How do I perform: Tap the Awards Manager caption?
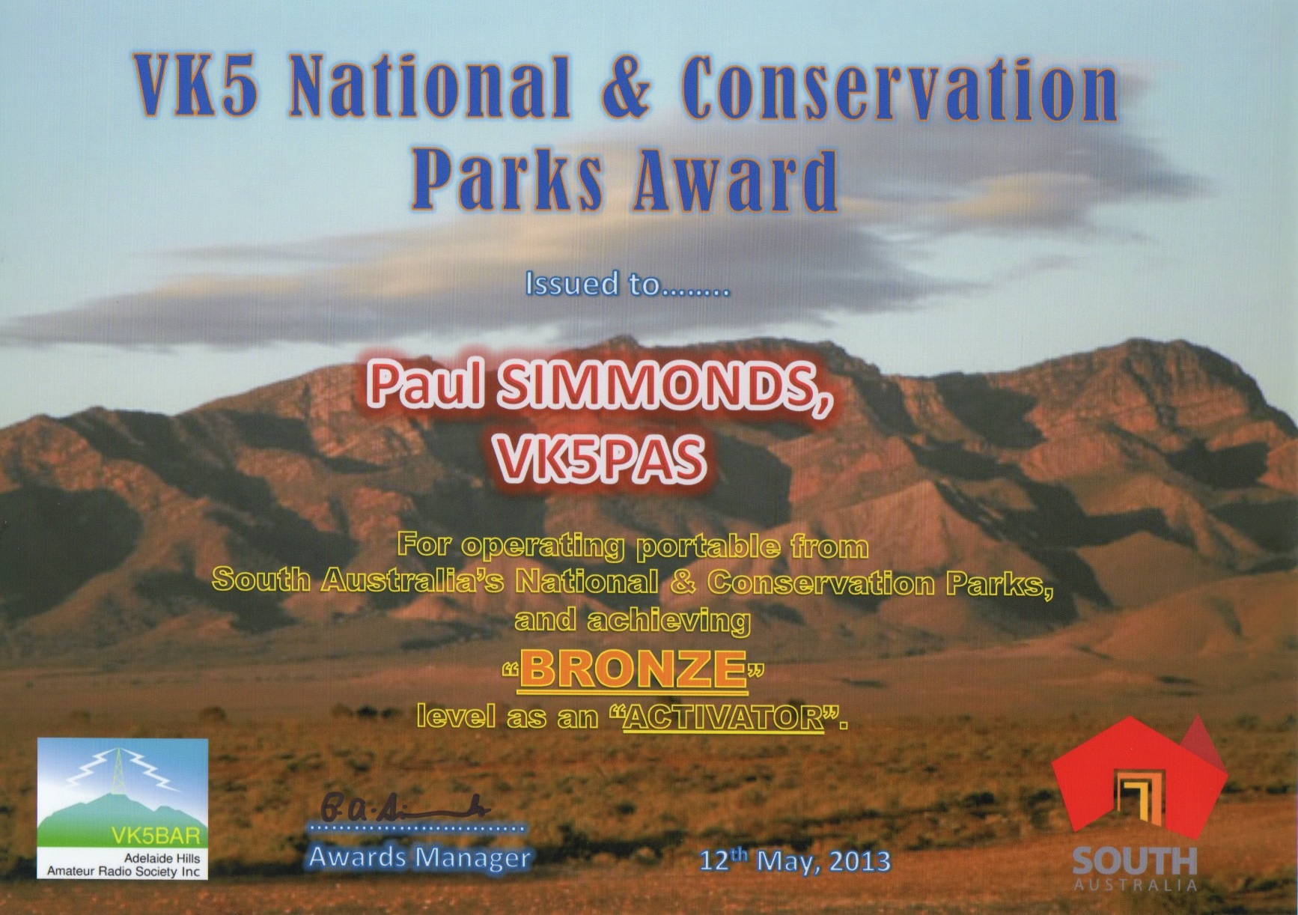click(420, 857)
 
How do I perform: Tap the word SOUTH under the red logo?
click(1135, 863)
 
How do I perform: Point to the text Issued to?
click(594, 284)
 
